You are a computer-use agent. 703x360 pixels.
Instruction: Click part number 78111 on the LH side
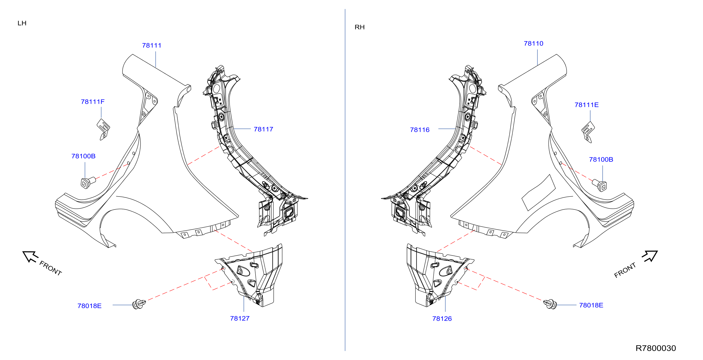tap(152, 45)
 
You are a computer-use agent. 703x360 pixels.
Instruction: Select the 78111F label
tap(92, 102)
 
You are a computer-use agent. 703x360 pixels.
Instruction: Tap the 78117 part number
tap(263, 129)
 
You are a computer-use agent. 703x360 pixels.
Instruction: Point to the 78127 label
tap(240, 318)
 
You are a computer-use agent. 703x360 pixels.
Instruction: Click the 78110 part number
tap(534, 43)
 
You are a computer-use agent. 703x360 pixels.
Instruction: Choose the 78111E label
tap(587, 105)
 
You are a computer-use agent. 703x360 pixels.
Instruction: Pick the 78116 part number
tap(420, 130)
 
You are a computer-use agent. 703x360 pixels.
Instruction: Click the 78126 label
tap(442, 319)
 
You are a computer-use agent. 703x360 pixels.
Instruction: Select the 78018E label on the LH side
tap(90, 306)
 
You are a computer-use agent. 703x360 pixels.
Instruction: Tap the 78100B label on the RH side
tap(601, 159)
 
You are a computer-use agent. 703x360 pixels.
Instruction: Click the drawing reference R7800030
tap(656, 348)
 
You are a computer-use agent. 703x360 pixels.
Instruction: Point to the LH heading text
tap(22, 23)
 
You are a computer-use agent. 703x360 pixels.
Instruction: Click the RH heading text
tap(359, 27)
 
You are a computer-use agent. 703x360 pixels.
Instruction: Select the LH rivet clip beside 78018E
tap(139, 304)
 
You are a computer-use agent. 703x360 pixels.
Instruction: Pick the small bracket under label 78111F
tap(103, 129)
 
